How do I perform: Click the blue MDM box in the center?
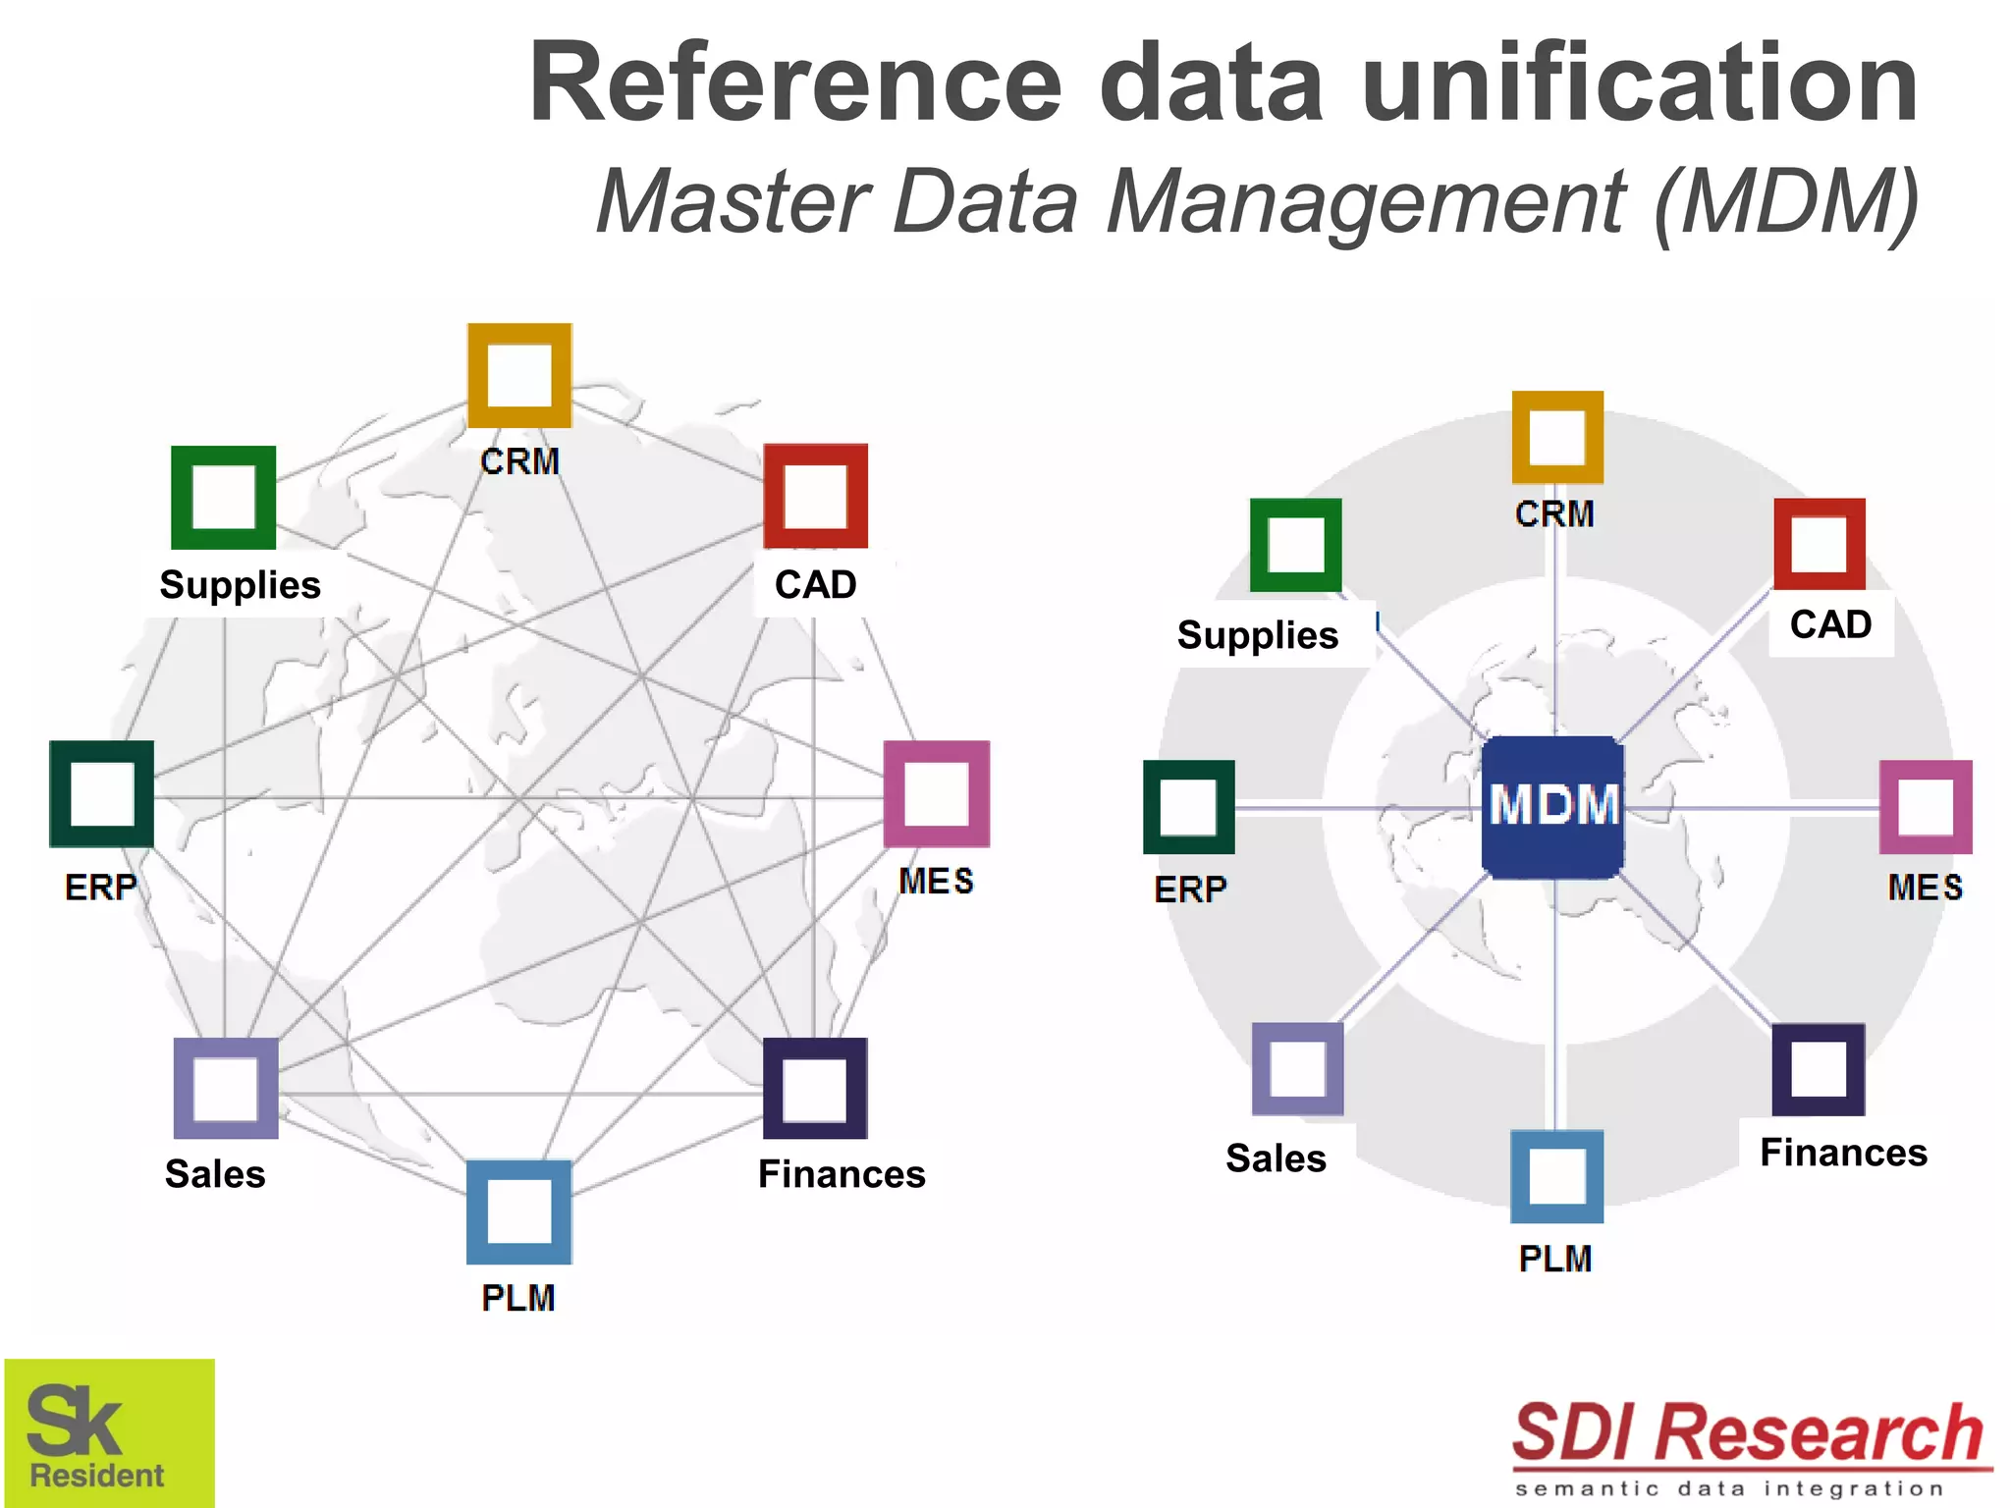click(1552, 806)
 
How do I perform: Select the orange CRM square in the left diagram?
click(519, 375)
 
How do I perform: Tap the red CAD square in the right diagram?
click(1819, 544)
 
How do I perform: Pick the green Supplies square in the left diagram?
click(223, 497)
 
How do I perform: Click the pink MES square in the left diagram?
click(936, 793)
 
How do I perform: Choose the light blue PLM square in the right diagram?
click(1556, 1176)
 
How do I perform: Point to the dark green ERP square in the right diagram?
click(1188, 807)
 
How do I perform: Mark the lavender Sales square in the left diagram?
click(226, 1088)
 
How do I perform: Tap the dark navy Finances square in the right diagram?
click(1818, 1069)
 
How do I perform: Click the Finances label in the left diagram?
click(842, 1174)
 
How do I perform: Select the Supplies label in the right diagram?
click(1258, 635)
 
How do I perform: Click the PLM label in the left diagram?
click(518, 1298)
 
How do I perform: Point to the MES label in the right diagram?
click(1925, 888)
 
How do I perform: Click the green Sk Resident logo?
click(109, 1432)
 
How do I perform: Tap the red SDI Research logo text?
click(1748, 1433)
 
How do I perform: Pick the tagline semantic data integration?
click(1728, 1489)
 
